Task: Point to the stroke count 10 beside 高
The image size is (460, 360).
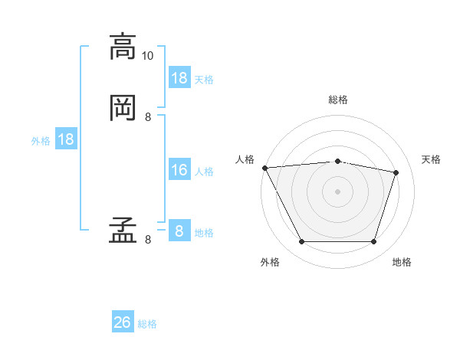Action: coord(148,56)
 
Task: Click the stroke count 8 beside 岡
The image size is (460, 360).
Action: coord(148,116)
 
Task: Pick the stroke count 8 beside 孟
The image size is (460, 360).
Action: coord(148,240)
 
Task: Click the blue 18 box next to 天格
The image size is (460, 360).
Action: coord(179,78)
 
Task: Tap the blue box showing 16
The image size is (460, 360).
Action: coord(179,170)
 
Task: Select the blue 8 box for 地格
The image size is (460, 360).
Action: coord(179,231)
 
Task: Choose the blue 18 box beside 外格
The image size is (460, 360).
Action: coord(66,139)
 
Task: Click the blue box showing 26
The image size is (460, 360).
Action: coord(123,322)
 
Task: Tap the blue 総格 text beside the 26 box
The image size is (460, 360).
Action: coord(147,324)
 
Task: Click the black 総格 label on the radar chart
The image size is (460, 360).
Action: coord(338,100)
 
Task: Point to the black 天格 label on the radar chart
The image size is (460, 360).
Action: coord(432,159)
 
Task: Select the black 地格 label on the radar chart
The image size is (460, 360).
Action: coord(402,262)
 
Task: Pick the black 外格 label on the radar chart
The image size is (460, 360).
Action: coord(270,262)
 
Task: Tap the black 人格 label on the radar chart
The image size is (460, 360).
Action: coord(245,159)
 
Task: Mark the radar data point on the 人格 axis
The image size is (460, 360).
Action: coord(264,168)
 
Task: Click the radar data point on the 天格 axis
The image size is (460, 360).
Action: coord(396,172)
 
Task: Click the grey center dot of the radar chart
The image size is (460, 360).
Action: coord(337,191)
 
